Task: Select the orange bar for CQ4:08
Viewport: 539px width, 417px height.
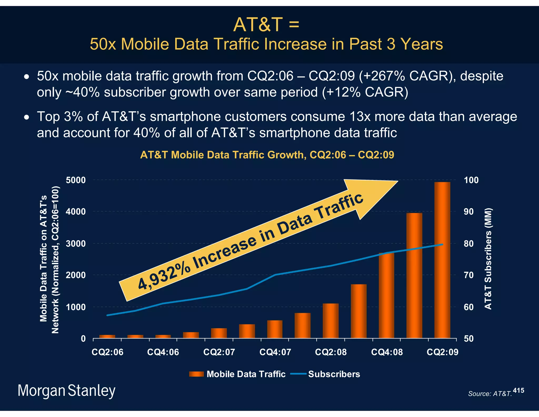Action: (x=386, y=295)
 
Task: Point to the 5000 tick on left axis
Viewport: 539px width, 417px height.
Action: (x=76, y=180)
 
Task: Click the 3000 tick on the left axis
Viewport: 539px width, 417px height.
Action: (x=76, y=244)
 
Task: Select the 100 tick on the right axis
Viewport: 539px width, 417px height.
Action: (x=471, y=180)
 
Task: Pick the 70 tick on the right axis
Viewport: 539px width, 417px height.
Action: (x=469, y=275)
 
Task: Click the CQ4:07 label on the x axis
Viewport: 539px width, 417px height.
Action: (x=275, y=352)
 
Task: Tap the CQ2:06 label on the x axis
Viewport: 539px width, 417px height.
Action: (x=107, y=352)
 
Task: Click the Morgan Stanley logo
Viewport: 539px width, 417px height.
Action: (x=66, y=391)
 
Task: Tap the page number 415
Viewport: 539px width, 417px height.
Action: (x=518, y=390)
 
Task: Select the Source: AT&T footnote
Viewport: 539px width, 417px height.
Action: (x=490, y=394)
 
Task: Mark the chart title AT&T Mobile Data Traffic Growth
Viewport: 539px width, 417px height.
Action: (x=267, y=155)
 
